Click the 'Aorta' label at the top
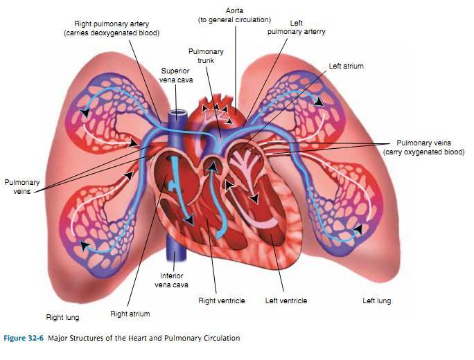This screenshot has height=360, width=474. pos(234,10)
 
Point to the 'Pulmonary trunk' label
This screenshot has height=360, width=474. pos(206,56)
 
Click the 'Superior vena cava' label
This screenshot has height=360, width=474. pos(176,75)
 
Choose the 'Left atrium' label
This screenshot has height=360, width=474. pos(346,66)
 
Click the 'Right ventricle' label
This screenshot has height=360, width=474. pos(216,301)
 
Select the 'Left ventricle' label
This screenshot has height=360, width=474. pos(286,301)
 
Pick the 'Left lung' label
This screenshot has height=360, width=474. pos(376,301)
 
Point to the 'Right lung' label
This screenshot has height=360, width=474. pos(62,317)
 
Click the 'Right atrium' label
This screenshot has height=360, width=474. pos(130,314)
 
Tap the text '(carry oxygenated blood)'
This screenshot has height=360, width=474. pos(423,152)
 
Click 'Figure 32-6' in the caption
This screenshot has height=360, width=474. pos(24,339)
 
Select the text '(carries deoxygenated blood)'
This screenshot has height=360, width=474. pos(112,33)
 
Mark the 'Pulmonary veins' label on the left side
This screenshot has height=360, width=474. pos(21,187)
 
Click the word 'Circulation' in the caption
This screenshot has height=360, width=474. pos(221,339)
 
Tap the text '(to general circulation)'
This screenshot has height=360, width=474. pos(234,20)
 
